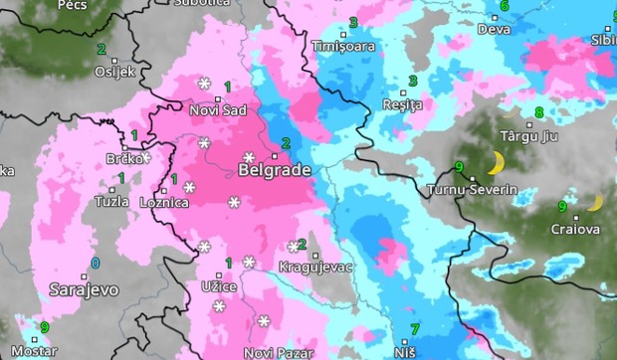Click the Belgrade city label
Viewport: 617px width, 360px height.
click(275, 170)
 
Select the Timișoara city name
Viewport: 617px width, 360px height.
click(343, 47)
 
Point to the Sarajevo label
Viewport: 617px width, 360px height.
click(84, 289)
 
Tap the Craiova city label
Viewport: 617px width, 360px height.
click(575, 230)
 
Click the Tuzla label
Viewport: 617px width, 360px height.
click(110, 201)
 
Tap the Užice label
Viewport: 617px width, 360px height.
click(219, 287)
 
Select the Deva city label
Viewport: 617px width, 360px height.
click(494, 29)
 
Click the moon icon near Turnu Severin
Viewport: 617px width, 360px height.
click(495, 163)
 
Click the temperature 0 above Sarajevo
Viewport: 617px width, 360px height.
click(96, 264)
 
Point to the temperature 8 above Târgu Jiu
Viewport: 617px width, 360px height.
click(539, 112)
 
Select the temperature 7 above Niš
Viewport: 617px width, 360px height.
click(415, 328)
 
